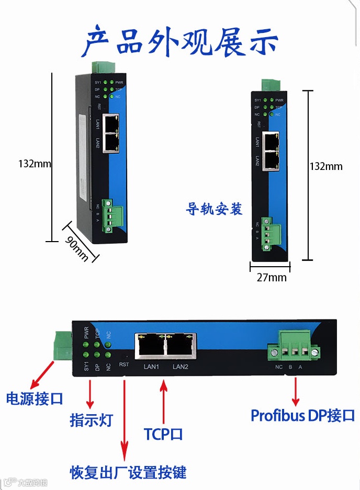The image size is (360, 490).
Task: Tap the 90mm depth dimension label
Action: pyautogui.click(x=76, y=247)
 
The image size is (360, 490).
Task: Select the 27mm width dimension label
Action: pyautogui.click(x=271, y=277)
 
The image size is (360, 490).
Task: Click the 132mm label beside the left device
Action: pyautogui.click(x=35, y=163)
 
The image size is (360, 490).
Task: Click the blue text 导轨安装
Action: pyautogui.click(x=215, y=209)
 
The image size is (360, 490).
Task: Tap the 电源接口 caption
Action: pyautogui.click(x=35, y=398)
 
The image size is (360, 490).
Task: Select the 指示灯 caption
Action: pyautogui.click(x=91, y=420)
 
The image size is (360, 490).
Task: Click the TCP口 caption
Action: pyautogui.click(x=163, y=434)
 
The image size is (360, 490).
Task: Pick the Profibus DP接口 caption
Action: pyautogui.click(x=303, y=416)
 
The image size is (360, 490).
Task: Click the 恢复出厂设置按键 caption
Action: pyautogui.click(x=128, y=472)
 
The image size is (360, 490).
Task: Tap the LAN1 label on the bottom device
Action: pyautogui.click(x=151, y=367)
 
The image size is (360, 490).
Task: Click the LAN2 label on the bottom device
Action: pyautogui.click(x=181, y=367)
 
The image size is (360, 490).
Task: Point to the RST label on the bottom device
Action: pyautogui.click(x=124, y=364)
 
